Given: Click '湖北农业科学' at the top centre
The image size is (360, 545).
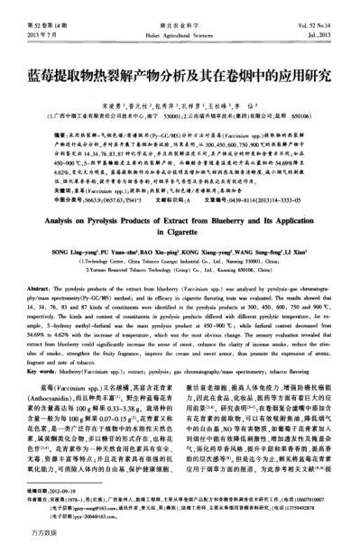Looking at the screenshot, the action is tap(180, 8).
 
